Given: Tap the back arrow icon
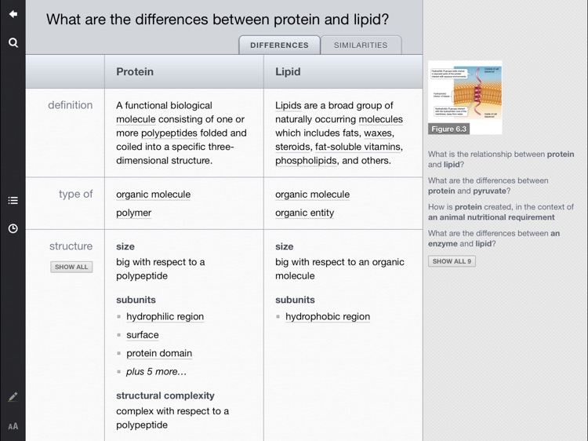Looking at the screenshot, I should click(x=13, y=14).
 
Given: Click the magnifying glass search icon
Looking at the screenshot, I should click(x=13, y=42).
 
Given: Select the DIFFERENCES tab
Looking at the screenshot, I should click(x=279, y=46).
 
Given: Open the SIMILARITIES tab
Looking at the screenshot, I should click(x=361, y=46).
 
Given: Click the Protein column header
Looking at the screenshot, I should click(x=135, y=71).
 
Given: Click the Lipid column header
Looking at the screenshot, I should click(x=288, y=71).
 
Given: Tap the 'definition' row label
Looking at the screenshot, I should click(x=70, y=105).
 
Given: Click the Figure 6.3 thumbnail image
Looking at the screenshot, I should click(x=465, y=97).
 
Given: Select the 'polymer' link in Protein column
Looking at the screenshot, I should click(x=133, y=213).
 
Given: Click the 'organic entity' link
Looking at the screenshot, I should click(x=304, y=213).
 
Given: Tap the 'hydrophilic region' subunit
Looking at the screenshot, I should click(x=165, y=317).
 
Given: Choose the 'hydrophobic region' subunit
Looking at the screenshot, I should click(x=327, y=317).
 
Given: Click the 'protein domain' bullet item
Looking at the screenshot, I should click(x=158, y=353).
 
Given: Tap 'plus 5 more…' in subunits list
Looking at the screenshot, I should click(x=156, y=372).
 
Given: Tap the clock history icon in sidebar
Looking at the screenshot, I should click(x=13, y=228).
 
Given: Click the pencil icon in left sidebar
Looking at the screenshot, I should click(x=13, y=397).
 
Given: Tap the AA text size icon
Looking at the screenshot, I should click(x=13, y=427).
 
